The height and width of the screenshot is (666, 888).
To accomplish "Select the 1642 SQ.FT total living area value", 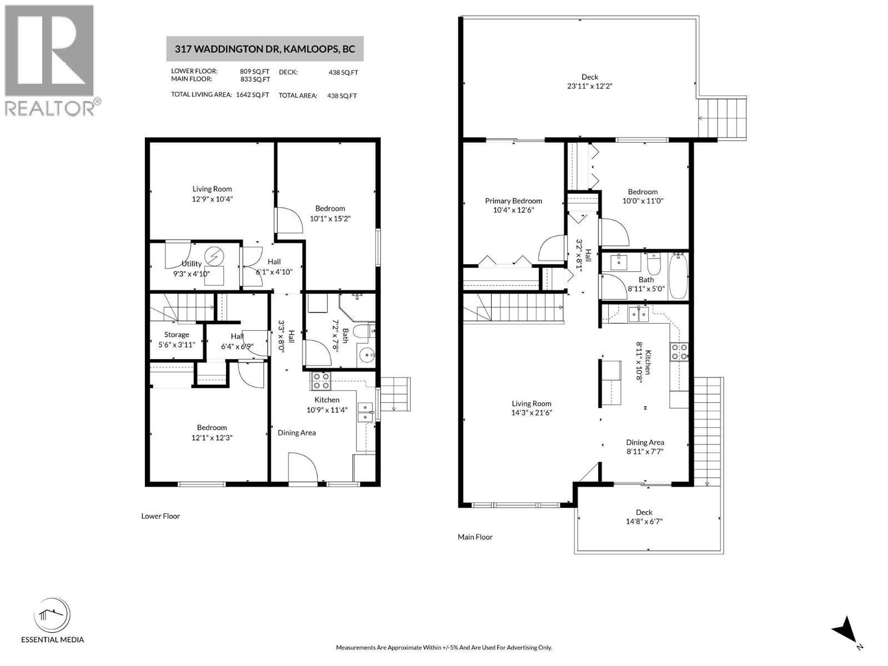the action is point(253,95).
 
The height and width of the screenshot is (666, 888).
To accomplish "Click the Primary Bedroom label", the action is point(513,201).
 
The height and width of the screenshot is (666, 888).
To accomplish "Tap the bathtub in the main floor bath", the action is point(678,276).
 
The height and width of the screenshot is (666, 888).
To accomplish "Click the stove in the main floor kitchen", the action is point(679,351).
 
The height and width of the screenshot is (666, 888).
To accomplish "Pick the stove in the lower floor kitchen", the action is point(321,381).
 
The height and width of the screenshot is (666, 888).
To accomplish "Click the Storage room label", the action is point(176,335).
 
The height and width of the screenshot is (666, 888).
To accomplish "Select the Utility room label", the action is point(191,264).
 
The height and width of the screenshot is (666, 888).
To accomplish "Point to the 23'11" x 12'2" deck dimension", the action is point(589,86).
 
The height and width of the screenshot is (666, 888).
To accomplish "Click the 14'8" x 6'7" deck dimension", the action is point(644,522).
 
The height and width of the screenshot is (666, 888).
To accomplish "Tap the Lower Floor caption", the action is point(160,516).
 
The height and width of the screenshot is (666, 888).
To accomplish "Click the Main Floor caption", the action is point(475,537).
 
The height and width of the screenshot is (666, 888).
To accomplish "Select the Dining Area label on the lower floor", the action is point(296,433).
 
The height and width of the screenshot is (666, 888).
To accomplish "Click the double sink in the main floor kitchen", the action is point(638,314).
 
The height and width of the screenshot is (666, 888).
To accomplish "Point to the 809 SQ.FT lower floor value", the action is point(254,72).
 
